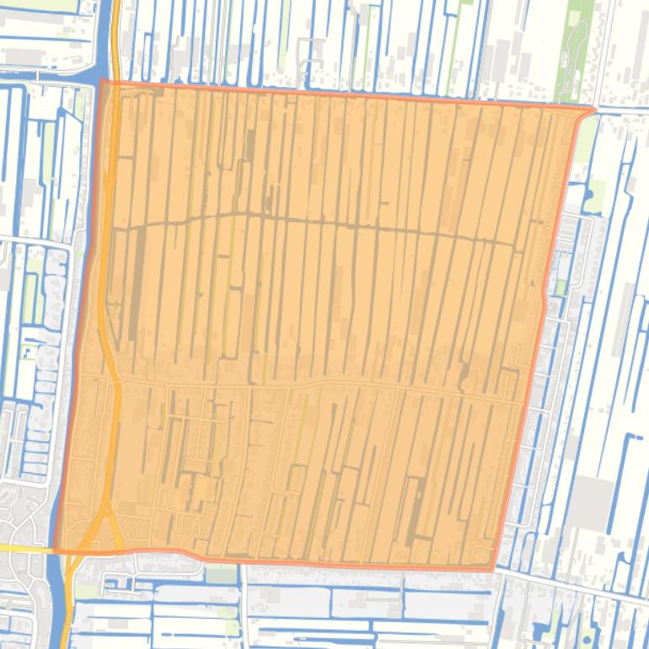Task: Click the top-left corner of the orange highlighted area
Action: pyautogui.click(x=103, y=82)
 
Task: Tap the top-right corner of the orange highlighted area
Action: pyautogui.click(x=594, y=109)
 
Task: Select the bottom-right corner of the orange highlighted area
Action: pyautogui.click(x=493, y=570)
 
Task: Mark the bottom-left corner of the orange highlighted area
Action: pyautogui.click(x=55, y=550)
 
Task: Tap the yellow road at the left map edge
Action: pyautogui.click(x=21, y=548)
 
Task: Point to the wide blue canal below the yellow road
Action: pyautogui.click(x=62, y=607)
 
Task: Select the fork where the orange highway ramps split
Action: pyautogui.click(x=103, y=506)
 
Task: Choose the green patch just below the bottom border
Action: pyautogui.click(x=221, y=576)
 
